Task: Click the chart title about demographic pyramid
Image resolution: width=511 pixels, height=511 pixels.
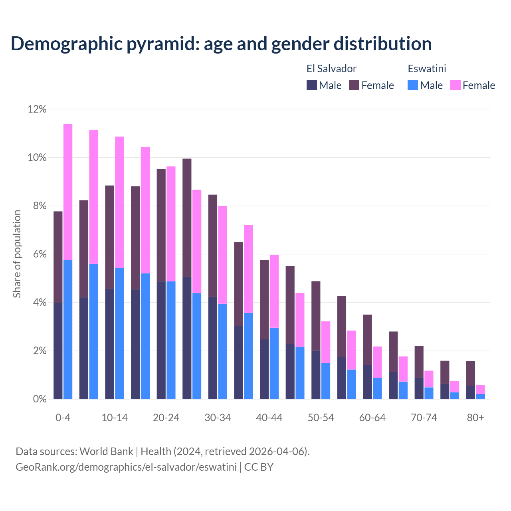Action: point(221,44)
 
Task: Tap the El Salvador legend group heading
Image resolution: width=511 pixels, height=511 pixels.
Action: point(331,69)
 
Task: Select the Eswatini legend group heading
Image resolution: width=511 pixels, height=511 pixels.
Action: point(427,69)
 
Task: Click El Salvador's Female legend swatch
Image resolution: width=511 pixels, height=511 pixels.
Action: point(354,85)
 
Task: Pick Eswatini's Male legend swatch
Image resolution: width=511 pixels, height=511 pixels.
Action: point(413,85)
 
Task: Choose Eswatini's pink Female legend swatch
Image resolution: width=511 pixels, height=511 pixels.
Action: point(455,85)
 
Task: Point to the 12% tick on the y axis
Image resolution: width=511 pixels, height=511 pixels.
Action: point(37,109)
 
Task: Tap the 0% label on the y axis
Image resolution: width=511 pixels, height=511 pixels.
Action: point(40,399)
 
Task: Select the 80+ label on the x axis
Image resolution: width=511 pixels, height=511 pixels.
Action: point(475,418)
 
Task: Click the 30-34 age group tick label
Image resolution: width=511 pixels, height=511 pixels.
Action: point(218,418)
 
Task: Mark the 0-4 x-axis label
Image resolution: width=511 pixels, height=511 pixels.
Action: point(63,418)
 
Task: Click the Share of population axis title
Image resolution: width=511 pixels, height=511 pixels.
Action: point(17,254)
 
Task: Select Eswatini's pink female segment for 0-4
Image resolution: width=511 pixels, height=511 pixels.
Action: point(68,192)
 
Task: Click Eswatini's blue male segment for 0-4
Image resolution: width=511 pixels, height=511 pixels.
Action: point(68,329)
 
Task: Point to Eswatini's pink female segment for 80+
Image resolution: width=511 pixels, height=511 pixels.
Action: point(481,389)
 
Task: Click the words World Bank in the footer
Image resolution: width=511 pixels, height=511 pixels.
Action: point(106,452)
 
